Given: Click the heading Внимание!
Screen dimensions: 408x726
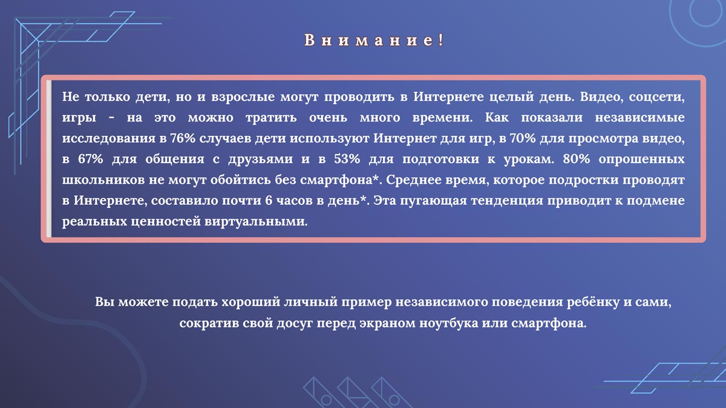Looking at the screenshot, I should pyautogui.click(x=373, y=41).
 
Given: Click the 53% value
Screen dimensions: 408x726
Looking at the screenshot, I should pyautogui.click(x=333, y=160).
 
